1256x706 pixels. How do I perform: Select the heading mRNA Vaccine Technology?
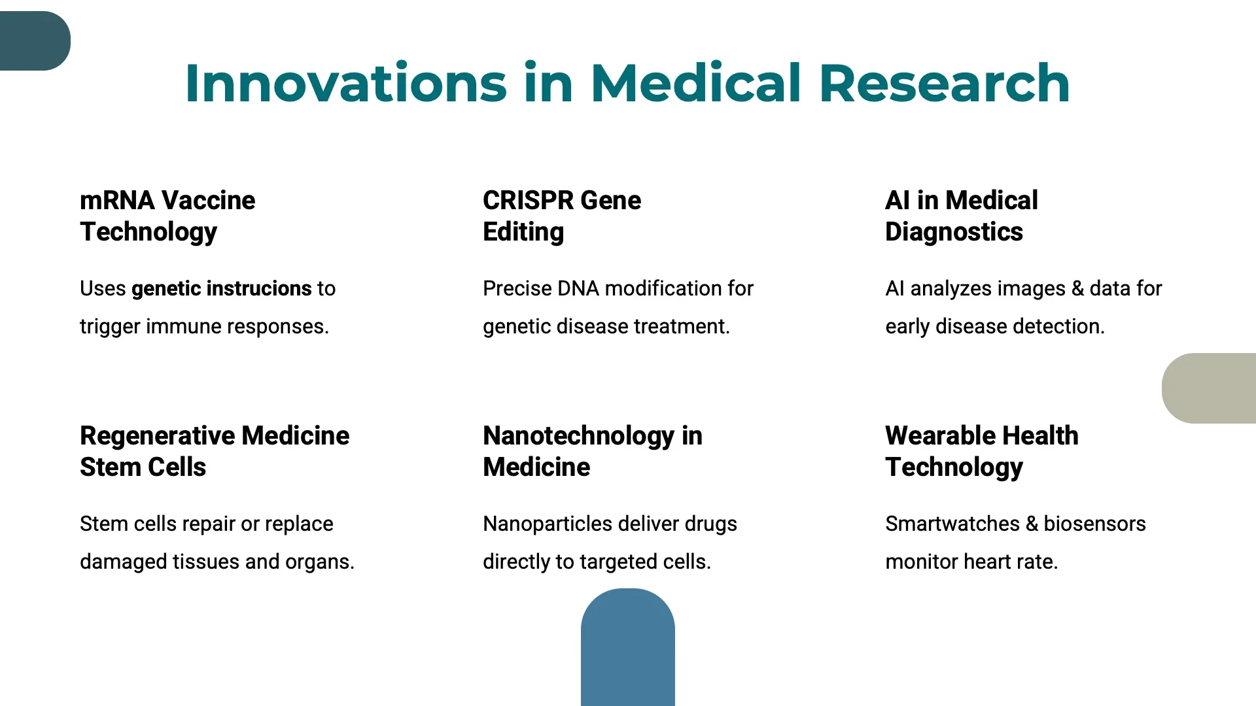[x=167, y=216]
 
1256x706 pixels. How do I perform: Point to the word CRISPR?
[x=528, y=200]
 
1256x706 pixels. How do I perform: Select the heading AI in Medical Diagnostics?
[x=961, y=216]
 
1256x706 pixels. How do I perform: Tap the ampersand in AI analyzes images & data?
[x=1077, y=288]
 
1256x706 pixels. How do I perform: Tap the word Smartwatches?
[x=952, y=524]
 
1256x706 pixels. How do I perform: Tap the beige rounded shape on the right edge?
[x=1210, y=388]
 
